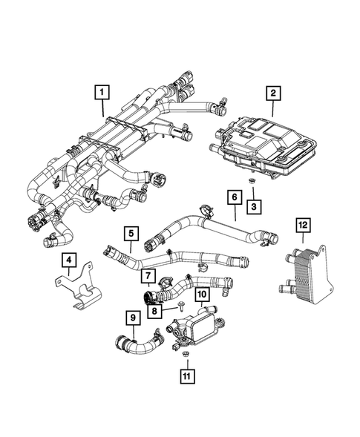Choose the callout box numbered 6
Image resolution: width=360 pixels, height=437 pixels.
[x=234, y=197]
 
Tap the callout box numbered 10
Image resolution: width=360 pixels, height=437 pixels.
[x=200, y=295]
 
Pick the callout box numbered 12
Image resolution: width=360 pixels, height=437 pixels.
[x=302, y=223]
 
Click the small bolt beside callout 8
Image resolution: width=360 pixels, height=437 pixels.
[x=178, y=306]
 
